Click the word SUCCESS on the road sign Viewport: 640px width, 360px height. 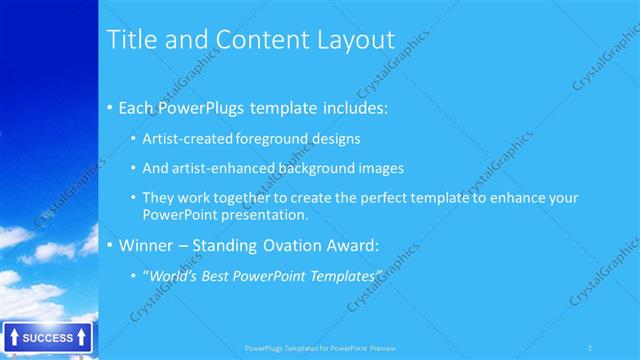(47, 338)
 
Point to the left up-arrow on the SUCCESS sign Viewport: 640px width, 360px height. (12, 338)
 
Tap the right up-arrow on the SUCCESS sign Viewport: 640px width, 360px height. (82, 338)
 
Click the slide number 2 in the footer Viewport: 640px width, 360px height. (590, 348)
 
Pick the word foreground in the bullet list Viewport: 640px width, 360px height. (277, 138)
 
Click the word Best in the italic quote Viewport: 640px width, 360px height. (219, 275)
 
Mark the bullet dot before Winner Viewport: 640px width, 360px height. (109, 245)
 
